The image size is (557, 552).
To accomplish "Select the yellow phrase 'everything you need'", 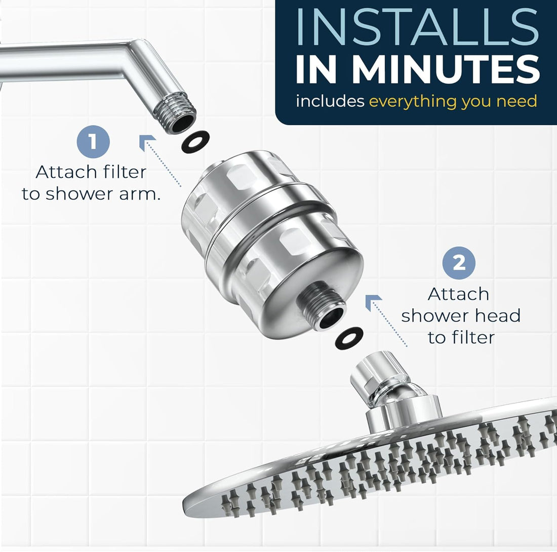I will tap(453, 101).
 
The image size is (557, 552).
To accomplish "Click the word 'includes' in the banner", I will tap(330, 101).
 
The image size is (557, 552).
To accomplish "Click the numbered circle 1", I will tap(93, 142).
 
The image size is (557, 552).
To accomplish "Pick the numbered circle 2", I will tap(459, 263).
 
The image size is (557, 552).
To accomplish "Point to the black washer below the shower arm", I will tap(195, 141).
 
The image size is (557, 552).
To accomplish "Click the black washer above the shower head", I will tap(349, 338).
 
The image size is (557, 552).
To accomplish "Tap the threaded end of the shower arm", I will tap(180, 118).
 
